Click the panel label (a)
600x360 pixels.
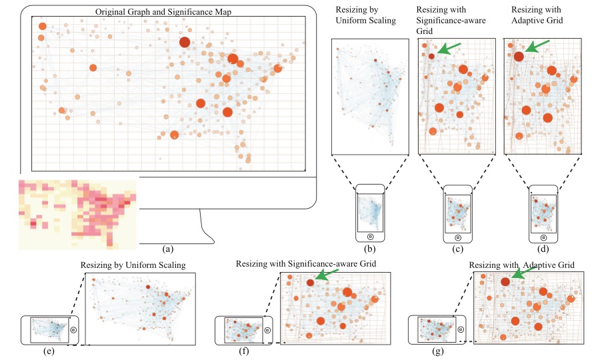168,249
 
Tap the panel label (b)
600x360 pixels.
369,249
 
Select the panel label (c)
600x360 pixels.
457,249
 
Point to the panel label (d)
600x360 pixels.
543,249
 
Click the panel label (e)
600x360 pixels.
49,351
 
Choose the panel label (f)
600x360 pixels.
244,351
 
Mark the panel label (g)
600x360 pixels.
437,351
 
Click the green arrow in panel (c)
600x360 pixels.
449,48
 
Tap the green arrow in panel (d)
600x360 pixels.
537,46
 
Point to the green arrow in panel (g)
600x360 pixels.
523,273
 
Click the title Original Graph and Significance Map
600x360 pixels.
163,12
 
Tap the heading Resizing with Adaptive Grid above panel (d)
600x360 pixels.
537,15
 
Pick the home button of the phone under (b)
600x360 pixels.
370,237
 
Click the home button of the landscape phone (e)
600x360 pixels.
73,330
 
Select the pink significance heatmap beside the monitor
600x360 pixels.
77,215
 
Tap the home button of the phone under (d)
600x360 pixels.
543,237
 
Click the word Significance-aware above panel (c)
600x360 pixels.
451,20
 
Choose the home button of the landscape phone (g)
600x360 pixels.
461,329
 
